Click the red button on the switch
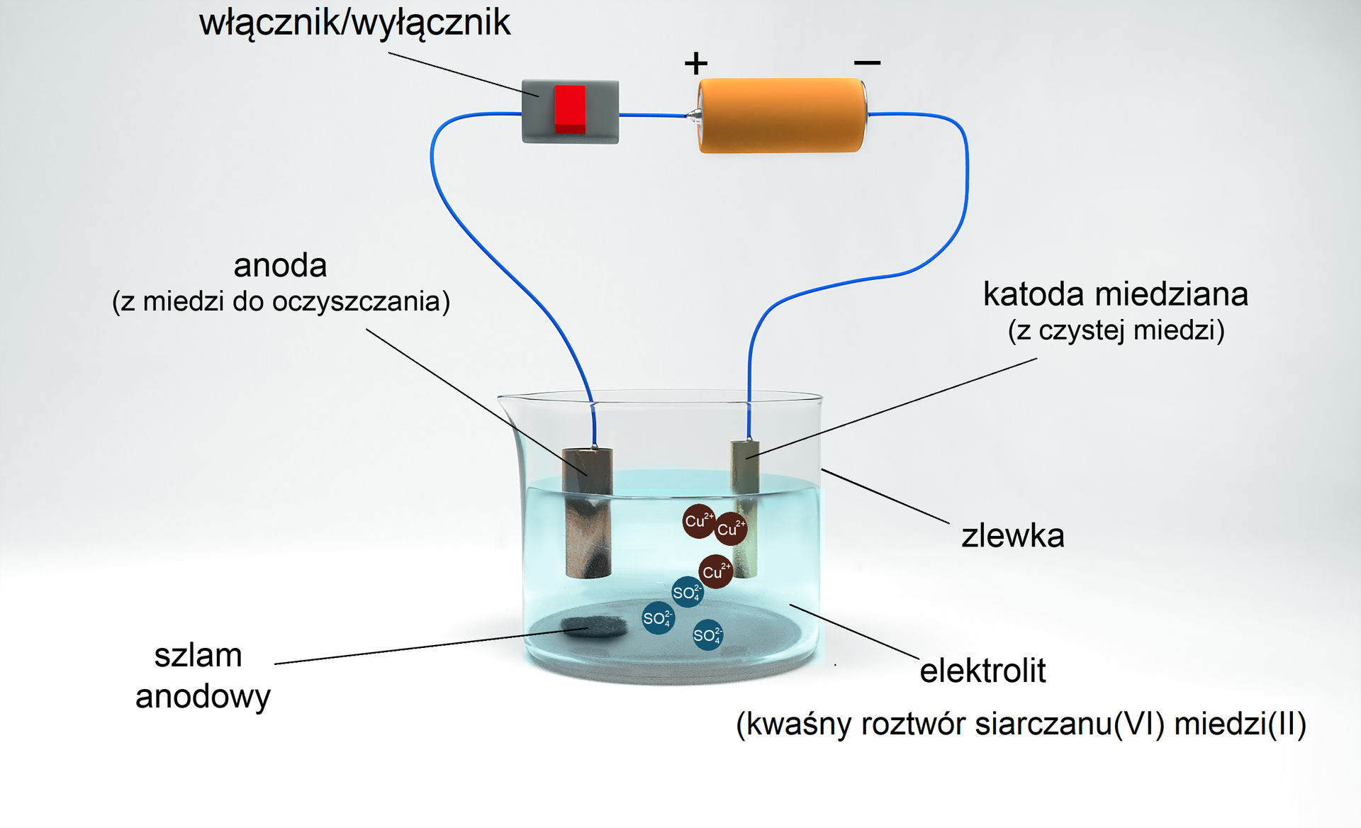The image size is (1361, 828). [570, 109]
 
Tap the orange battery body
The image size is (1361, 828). [780, 116]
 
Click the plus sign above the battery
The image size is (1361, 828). [695, 64]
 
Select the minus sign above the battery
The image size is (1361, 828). [867, 63]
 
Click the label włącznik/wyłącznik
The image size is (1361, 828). [354, 23]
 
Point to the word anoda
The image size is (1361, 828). [280, 266]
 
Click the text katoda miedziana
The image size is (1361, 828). [1115, 294]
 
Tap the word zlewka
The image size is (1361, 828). [1012, 536]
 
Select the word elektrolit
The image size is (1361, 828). [982, 671]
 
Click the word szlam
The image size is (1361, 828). [198, 656]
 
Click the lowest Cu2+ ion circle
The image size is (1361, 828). [715, 571]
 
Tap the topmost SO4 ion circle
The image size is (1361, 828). [687, 592]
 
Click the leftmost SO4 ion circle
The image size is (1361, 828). [657, 618]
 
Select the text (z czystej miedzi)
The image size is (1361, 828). [1116, 330]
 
